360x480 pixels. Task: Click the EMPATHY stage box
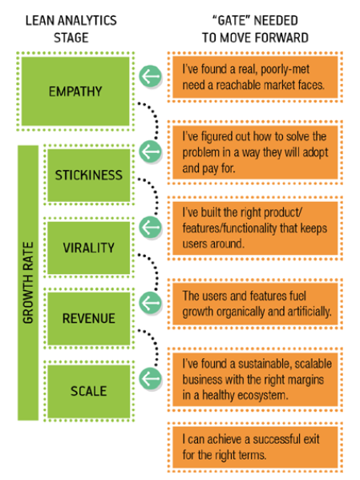pyautogui.click(x=75, y=91)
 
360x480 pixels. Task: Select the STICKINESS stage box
pyautogui.click(x=88, y=175)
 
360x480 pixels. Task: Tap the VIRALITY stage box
pyautogui.click(x=88, y=248)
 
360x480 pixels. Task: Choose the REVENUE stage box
pyautogui.click(x=88, y=318)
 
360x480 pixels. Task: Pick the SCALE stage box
pyautogui.click(x=88, y=391)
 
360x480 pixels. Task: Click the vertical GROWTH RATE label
pyautogui.click(x=28, y=283)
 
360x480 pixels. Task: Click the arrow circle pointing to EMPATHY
pyautogui.click(x=150, y=76)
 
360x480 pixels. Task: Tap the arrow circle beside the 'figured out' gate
pyautogui.click(x=150, y=151)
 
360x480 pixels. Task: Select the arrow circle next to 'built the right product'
pyautogui.click(x=150, y=227)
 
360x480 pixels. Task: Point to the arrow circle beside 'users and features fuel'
pyautogui.click(x=150, y=302)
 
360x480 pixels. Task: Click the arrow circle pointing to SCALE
pyautogui.click(x=150, y=378)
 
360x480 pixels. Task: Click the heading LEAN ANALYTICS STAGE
pyautogui.click(x=71, y=29)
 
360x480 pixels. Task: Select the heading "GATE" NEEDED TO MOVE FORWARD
pyautogui.click(x=255, y=29)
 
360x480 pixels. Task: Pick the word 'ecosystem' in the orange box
pyautogui.click(x=263, y=396)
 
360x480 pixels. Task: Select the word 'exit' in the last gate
pyautogui.click(x=311, y=439)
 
